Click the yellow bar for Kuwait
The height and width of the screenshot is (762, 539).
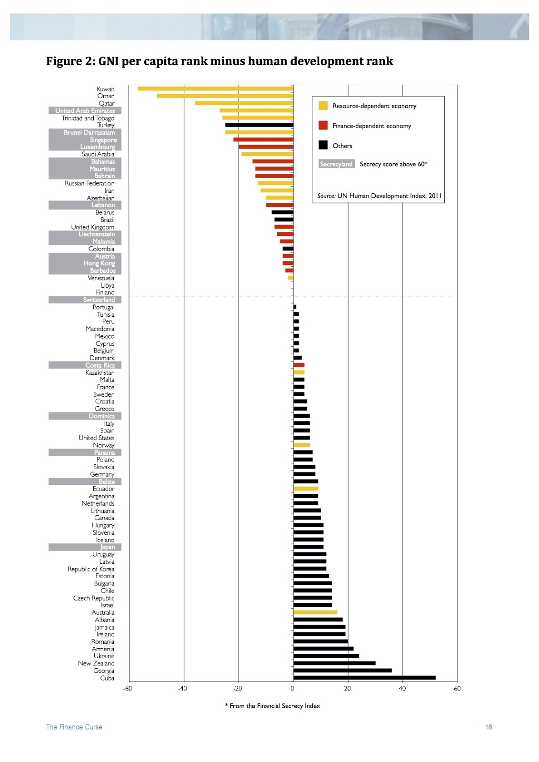[215, 89]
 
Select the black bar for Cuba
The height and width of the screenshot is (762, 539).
[364, 678]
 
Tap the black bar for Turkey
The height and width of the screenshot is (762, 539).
[259, 125]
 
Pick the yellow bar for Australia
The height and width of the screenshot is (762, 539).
[315, 612]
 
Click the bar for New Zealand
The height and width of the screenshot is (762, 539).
[334, 663]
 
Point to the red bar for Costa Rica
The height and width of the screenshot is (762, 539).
[299, 365]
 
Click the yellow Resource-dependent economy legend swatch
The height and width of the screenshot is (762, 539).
[323, 106]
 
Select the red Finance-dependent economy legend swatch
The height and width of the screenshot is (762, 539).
[323, 126]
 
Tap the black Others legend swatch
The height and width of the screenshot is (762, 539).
[323, 145]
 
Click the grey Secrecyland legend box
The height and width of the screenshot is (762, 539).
[336, 164]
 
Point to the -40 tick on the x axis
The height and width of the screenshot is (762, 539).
[182, 689]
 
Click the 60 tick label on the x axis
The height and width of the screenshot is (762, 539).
[457, 689]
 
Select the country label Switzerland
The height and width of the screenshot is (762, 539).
[99, 300]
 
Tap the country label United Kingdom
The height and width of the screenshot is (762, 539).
[93, 227]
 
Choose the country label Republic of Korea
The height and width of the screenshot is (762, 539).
[91, 569]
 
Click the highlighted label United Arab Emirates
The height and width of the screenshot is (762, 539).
[85, 110]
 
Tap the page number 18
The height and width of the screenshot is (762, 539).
[489, 727]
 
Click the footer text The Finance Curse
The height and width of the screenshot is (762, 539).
[74, 727]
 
